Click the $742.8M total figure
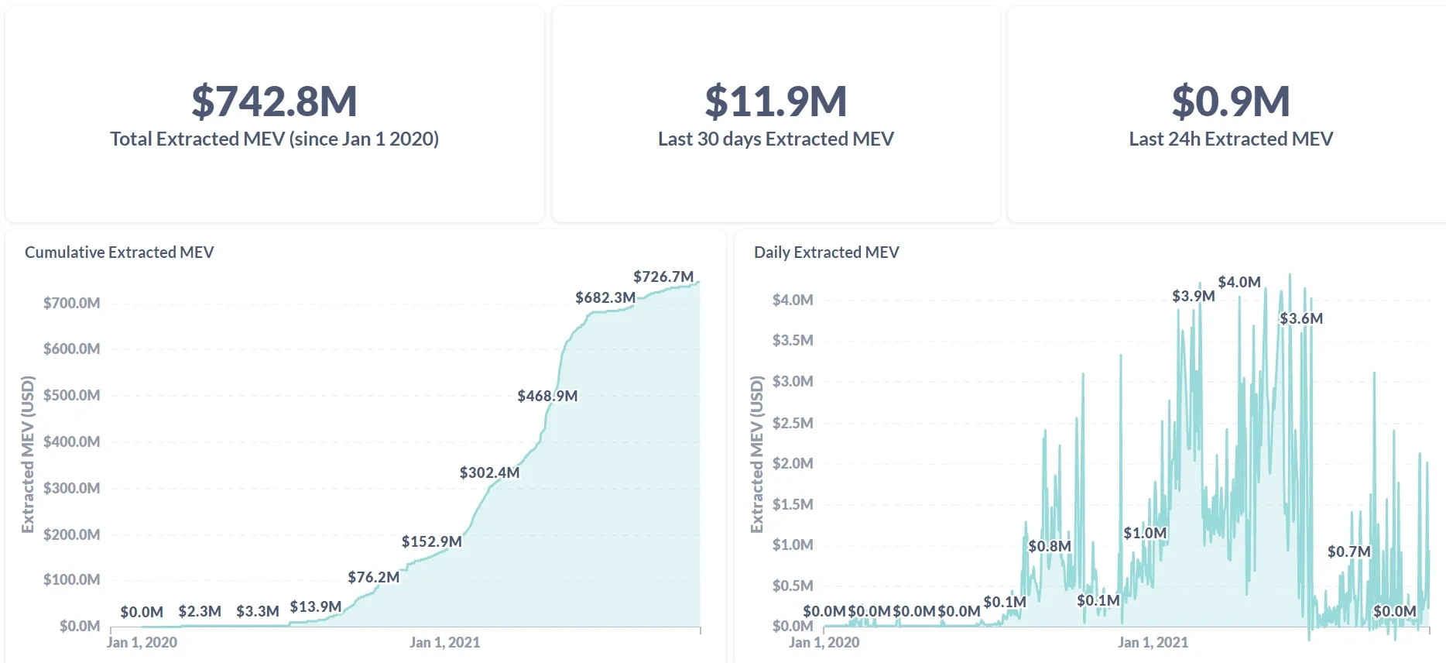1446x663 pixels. [274, 101]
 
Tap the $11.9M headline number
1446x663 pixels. [776, 101]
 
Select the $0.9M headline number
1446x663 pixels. [1231, 101]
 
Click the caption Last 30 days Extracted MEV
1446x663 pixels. [776, 139]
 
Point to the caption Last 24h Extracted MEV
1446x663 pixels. [1231, 139]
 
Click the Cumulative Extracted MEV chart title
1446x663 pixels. [119, 252]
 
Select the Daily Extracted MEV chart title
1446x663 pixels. [826, 252]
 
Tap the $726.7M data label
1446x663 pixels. [663, 277]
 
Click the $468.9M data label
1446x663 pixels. [547, 396]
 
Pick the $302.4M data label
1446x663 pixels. [489, 472]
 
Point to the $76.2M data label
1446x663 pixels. [373, 577]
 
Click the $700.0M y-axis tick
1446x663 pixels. [71, 303]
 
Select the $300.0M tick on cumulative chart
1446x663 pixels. [71, 488]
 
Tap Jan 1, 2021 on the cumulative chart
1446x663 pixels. [444, 642]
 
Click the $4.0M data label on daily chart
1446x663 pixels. [1239, 282]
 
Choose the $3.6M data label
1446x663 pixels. [1300, 318]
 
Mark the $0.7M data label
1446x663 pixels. [1348, 551]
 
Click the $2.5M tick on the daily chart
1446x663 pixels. [793, 423]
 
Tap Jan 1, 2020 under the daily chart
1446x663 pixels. [824, 642]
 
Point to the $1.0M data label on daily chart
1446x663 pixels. [1145, 533]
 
